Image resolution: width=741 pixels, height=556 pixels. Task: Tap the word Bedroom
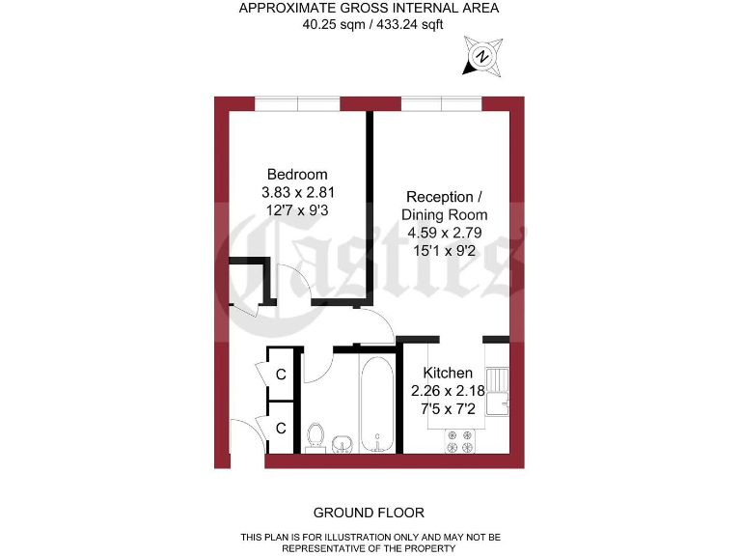tap(297, 175)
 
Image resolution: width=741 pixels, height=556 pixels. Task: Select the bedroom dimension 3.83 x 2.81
tap(297, 192)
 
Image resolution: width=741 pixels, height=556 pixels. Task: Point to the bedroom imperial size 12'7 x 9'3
tap(297, 209)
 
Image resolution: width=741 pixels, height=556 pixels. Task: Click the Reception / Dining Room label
tap(445, 206)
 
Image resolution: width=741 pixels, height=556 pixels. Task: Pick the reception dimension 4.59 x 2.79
tap(445, 232)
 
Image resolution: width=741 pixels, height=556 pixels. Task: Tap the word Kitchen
tap(449, 373)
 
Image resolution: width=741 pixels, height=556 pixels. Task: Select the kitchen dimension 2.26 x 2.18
tap(449, 391)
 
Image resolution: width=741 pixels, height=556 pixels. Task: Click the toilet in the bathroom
tap(314, 437)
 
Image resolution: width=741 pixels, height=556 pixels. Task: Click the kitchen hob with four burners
tap(460, 440)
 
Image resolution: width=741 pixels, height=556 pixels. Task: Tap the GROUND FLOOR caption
tap(369, 512)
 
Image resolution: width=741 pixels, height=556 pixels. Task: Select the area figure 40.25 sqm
tap(329, 25)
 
